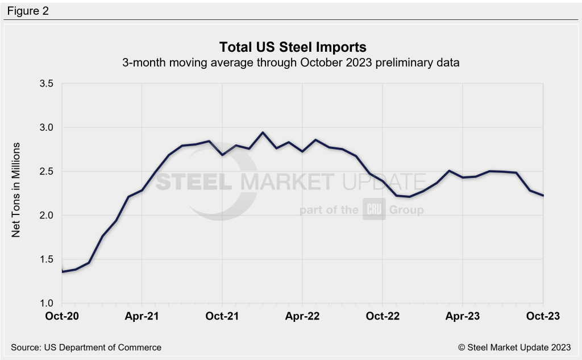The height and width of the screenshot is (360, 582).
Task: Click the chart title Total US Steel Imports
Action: pos(290,47)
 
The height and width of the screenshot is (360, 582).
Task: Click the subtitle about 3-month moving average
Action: pos(290,63)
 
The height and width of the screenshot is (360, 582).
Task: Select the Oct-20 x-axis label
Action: pos(62,317)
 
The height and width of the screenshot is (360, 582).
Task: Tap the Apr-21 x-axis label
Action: pos(142,317)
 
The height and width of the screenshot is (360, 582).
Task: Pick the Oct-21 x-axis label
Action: pos(222,317)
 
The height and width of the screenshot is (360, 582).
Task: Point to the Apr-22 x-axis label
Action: pos(302,317)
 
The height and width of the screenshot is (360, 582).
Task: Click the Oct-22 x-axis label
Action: pos(383,317)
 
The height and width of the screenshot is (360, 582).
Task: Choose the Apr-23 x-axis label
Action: pos(463,317)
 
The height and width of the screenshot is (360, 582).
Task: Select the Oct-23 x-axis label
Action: pos(543,317)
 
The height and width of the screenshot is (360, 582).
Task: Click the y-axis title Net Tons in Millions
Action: pos(16,189)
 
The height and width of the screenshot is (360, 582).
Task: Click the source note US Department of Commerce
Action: pos(86,347)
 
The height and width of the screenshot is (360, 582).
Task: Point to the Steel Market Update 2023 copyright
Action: pos(513,347)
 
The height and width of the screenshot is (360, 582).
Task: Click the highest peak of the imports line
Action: pos(263,133)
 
